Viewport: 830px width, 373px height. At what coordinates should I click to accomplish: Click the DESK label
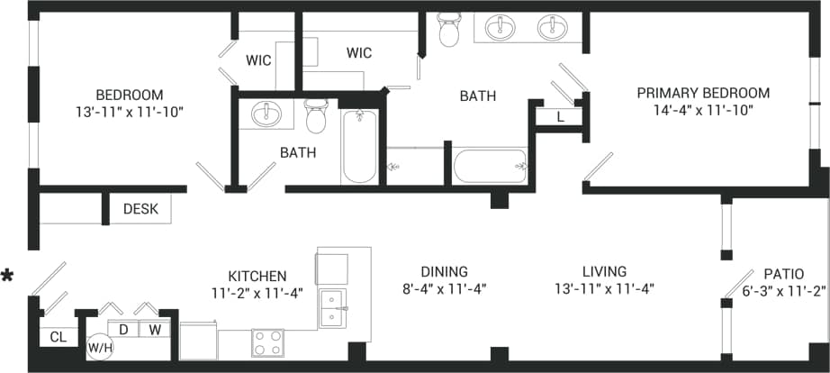click(140, 209)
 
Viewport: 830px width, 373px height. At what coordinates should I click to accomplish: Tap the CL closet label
click(58, 337)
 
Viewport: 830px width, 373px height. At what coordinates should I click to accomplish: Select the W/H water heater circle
click(99, 346)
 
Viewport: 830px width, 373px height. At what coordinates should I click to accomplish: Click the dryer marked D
click(123, 329)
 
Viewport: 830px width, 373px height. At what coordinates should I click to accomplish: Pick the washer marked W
click(155, 329)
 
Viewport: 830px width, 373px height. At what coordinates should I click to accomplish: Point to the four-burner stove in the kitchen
click(266, 343)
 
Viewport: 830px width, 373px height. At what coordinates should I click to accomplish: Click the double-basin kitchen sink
click(333, 308)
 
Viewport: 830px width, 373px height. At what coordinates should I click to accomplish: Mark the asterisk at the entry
click(8, 276)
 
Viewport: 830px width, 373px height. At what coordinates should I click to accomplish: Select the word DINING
click(444, 271)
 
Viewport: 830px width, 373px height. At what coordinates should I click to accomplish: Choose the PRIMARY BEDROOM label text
click(703, 93)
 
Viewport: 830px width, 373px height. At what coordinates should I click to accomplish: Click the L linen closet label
click(560, 116)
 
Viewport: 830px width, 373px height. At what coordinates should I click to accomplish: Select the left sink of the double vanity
click(500, 28)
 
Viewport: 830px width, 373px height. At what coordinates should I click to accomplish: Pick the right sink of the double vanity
click(552, 28)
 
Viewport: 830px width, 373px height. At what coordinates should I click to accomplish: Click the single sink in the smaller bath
click(266, 115)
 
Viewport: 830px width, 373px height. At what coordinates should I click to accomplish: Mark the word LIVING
click(603, 271)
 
